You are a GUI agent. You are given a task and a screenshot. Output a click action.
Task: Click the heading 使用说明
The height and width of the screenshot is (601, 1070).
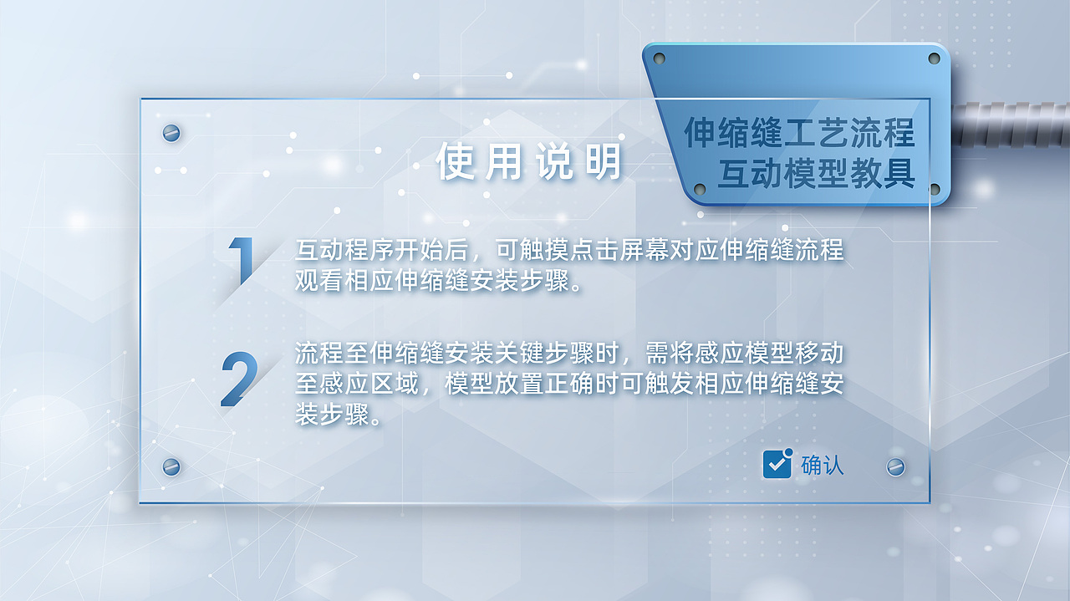[529, 162]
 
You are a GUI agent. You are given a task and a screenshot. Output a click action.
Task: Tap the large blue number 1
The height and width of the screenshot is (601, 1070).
[242, 261]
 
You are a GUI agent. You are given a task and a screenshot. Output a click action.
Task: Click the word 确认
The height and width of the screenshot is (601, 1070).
[823, 465]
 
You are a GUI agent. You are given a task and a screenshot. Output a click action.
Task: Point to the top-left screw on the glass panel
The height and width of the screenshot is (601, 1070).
[171, 133]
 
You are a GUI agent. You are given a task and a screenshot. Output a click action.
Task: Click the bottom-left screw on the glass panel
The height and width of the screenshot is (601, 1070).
[171, 466]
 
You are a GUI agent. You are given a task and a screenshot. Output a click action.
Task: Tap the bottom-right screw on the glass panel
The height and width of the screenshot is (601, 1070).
[895, 466]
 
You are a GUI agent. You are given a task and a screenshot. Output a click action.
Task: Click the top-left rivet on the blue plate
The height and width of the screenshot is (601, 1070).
[659, 59]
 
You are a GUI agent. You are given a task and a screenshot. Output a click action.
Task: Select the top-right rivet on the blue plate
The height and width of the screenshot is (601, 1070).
[935, 59]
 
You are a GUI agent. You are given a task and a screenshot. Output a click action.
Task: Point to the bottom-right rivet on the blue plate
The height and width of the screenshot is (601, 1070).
[935, 189]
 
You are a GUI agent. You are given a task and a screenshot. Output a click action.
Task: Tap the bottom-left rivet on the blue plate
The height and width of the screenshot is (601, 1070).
[700, 189]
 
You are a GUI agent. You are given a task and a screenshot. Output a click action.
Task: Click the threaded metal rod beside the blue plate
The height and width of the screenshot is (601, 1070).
[1011, 125]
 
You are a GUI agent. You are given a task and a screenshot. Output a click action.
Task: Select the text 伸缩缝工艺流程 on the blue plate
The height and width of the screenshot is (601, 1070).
[799, 133]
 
